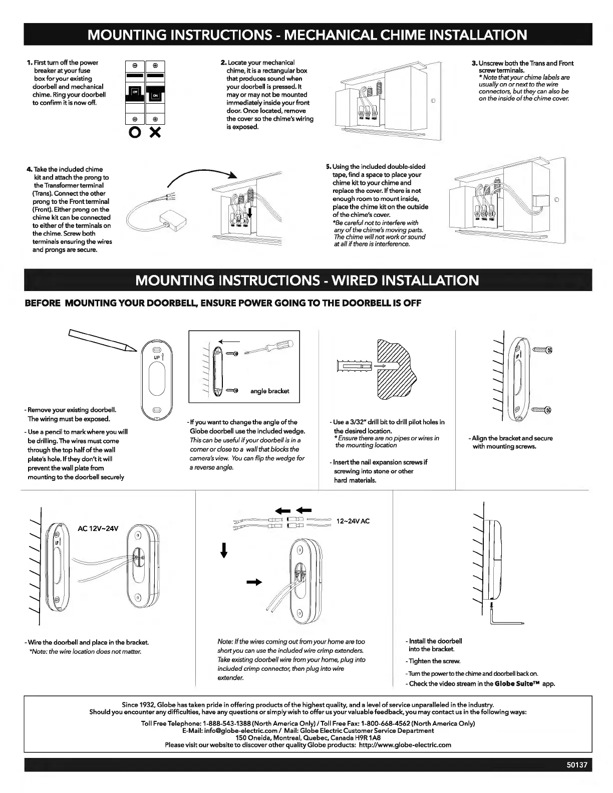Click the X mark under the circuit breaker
point(155,134)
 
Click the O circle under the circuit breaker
point(135,134)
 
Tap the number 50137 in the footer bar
point(575,765)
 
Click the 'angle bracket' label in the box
point(269,391)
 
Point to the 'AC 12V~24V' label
point(98,528)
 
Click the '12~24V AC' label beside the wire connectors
point(353,521)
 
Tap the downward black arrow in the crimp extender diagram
point(224,550)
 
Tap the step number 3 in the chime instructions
point(474,63)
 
